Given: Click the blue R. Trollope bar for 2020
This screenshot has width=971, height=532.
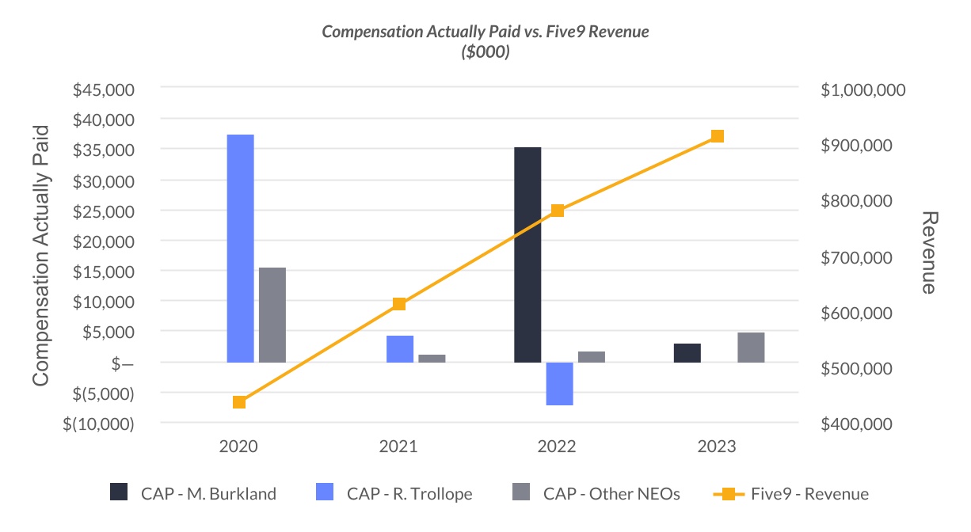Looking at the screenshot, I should point(240,249).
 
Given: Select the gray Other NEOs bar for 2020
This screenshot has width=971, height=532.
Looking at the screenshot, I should point(272,315).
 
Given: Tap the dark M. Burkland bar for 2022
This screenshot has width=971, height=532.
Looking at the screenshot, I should point(527,255).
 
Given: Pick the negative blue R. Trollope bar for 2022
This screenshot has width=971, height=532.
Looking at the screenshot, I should point(559,384).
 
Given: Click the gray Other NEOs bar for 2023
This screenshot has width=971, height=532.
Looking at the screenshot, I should point(751,348).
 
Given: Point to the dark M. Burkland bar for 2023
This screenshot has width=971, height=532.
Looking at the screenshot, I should point(687,353).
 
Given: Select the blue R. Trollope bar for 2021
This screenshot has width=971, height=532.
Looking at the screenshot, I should point(399,349).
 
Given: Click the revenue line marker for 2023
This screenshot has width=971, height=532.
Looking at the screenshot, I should point(718,136).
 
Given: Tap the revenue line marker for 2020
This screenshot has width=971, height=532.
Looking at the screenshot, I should point(239,402).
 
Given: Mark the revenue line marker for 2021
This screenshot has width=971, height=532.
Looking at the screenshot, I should point(399,304).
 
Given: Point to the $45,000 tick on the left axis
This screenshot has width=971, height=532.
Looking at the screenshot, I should point(104,89).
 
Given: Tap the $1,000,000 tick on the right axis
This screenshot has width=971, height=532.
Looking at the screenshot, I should point(863,90).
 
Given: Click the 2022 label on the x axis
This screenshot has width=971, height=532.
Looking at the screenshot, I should point(558,446).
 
